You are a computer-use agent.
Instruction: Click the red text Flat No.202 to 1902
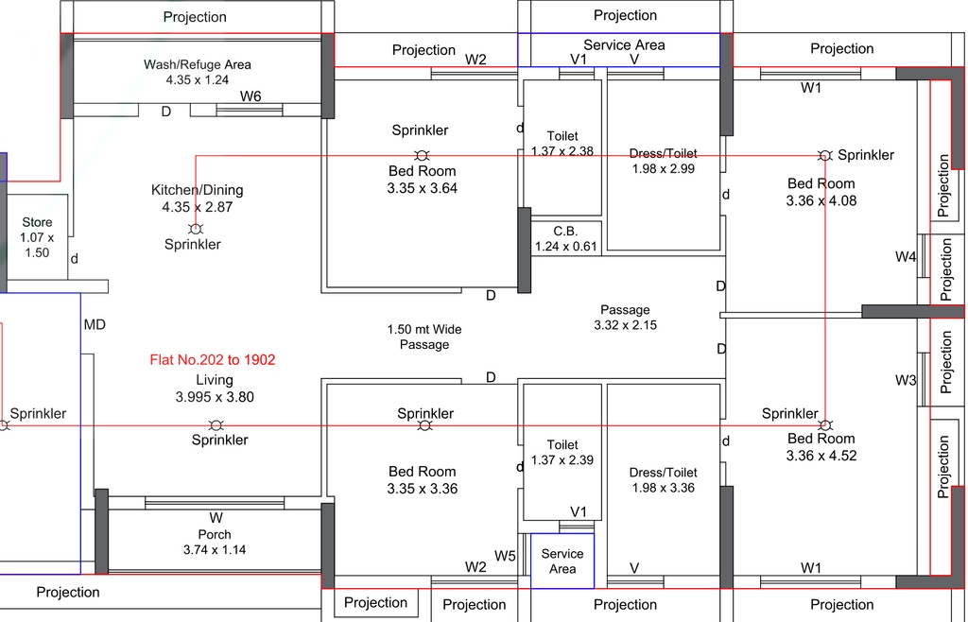pyautogui.click(x=213, y=360)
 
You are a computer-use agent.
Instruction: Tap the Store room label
pyautogui.click(x=37, y=222)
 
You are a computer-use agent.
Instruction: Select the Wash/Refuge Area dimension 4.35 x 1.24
pyautogui.click(x=198, y=79)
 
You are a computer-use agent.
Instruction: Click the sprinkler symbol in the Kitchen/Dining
pyautogui.click(x=196, y=229)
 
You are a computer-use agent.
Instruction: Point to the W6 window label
pyautogui.click(x=251, y=96)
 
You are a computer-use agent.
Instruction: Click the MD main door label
pyautogui.click(x=95, y=324)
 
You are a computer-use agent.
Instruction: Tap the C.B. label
pyautogui.click(x=565, y=232)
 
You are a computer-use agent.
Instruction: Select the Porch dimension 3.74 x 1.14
pyautogui.click(x=215, y=550)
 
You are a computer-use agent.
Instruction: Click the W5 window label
pyautogui.click(x=505, y=557)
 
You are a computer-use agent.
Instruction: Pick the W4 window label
pyautogui.click(x=906, y=257)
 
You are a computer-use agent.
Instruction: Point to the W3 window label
pyautogui.click(x=906, y=380)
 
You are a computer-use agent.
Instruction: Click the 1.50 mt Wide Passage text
pyautogui.click(x=424, y=337)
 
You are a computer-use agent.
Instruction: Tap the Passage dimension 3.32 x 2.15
pyautogui.click(x=626, y=324)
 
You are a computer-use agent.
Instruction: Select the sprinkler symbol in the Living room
pyautogui.click(x=216, y=425)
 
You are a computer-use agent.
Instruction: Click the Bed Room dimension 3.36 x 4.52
pyautogui.click(x=821, y=456)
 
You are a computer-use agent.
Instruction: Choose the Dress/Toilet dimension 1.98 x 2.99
pyautogui.click(x=663, y=168)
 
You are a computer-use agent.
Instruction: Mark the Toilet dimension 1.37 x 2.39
pyautogui.click(x=562, y=460)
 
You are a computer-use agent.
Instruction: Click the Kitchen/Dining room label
pyautogui.click(x=198, y=190)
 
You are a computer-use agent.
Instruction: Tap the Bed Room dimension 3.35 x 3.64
pyautogui.click(x=423, y=188)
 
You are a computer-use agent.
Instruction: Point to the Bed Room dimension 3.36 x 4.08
pyautogui.click(x=821, y=200)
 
